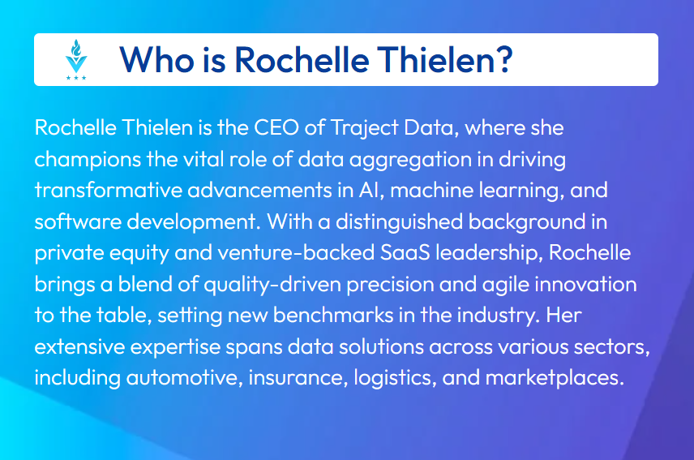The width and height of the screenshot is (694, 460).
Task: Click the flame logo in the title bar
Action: click(76, 59)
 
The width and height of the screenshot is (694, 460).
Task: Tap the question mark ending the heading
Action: click(503, 59)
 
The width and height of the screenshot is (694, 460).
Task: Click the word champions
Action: click(88, 160)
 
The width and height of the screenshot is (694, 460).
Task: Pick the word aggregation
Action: click(410, 160)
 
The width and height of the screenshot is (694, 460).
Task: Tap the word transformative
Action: click(109, 191)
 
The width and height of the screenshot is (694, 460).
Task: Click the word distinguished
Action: click(399, 222)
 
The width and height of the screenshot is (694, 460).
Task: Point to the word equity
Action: click(139, 254)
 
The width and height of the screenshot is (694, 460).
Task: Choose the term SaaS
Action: click(405, 253)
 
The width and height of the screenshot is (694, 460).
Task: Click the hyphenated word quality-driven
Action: click(272, 285)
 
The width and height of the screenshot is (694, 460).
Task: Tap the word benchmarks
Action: click(333, 316)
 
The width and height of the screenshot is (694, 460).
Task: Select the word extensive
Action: click(79, 347)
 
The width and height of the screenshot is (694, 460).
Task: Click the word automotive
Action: click(183, 378)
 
